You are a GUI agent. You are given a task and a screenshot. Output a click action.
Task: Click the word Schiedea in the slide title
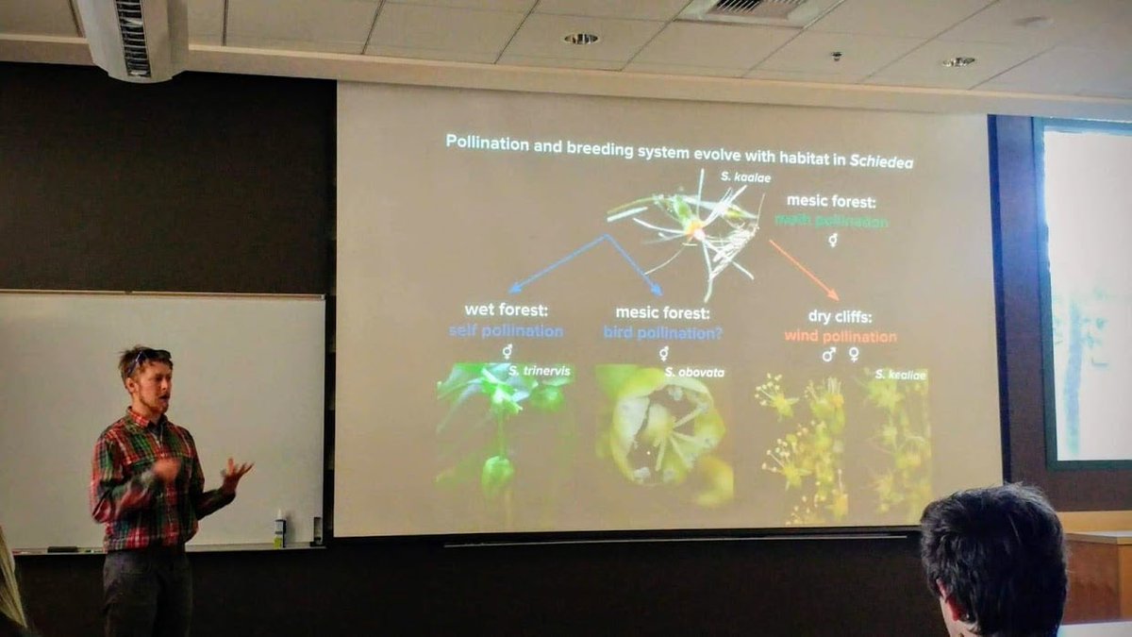(x=880, y=161)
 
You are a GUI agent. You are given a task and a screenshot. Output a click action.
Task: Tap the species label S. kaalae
(x=740, y=176)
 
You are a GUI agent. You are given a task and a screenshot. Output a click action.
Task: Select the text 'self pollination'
(x=506, y=331)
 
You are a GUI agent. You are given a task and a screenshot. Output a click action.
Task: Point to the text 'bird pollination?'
(x=662, y=332)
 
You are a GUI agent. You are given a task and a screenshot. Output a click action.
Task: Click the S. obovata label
(x=694, y=373)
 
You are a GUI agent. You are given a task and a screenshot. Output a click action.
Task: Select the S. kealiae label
(x=900, y=375)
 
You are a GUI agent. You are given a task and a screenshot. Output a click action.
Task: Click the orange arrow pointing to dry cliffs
(x=803, y=269)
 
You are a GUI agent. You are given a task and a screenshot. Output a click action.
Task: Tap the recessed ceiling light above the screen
(x=581, y=39)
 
